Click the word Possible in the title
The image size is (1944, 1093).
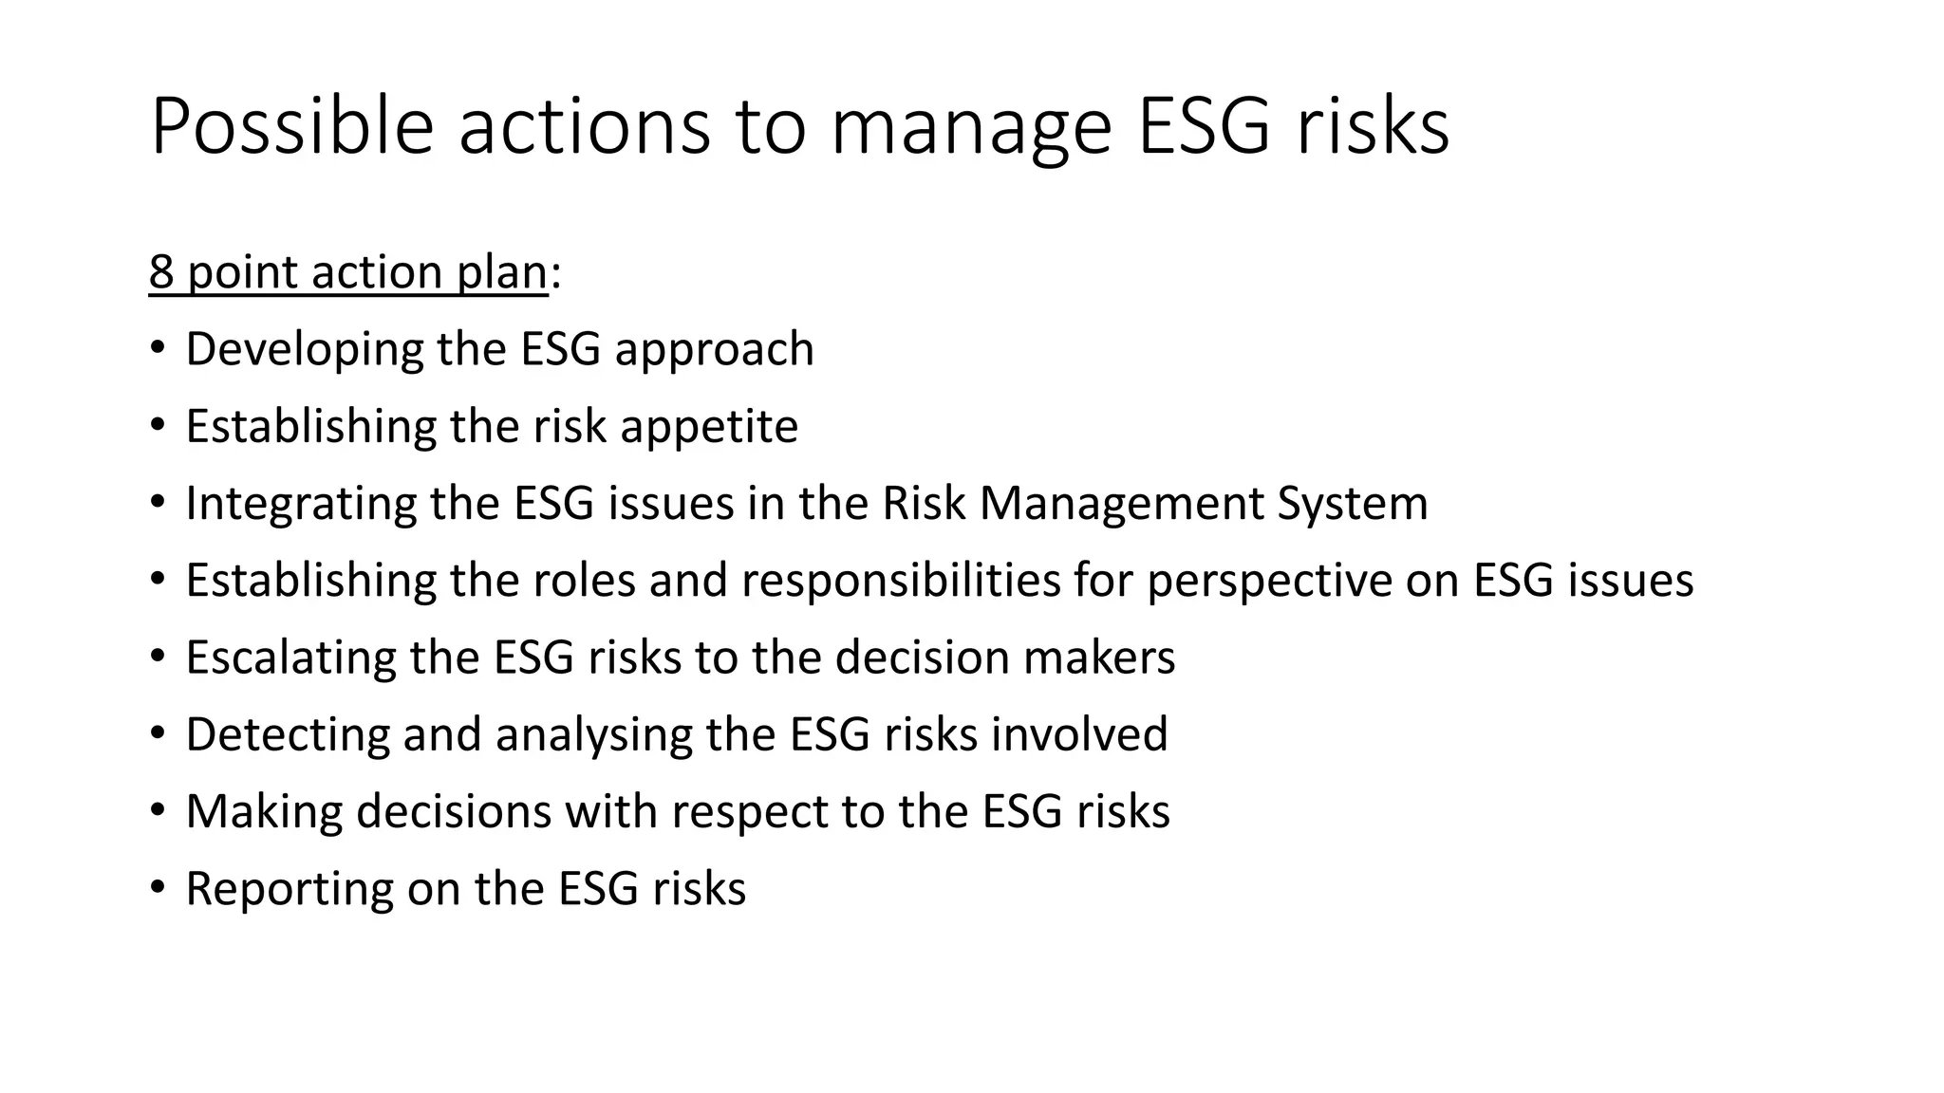point(291,126)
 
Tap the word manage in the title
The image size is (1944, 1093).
point(971,128)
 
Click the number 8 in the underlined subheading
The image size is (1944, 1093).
point(161,272)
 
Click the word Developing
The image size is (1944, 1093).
point(304,350)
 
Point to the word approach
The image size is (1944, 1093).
point(714,350)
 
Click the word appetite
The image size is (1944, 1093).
point(709,427)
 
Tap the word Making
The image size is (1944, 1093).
point(264,812)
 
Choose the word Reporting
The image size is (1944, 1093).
point(289,890)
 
